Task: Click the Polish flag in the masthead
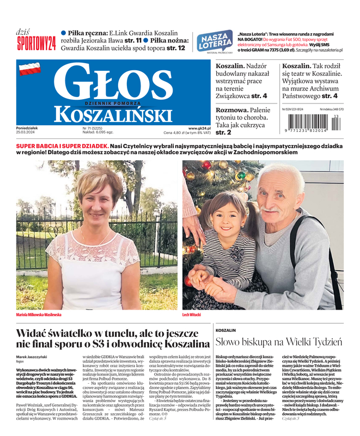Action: tap(30, 69)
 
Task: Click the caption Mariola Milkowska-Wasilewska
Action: tap(39, 314)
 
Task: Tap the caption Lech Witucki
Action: tap(192, 314)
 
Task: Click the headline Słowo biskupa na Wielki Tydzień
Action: tap(278, 342)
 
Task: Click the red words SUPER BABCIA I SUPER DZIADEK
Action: tap(62, 147)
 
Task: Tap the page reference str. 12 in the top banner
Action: tap(175, 49)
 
